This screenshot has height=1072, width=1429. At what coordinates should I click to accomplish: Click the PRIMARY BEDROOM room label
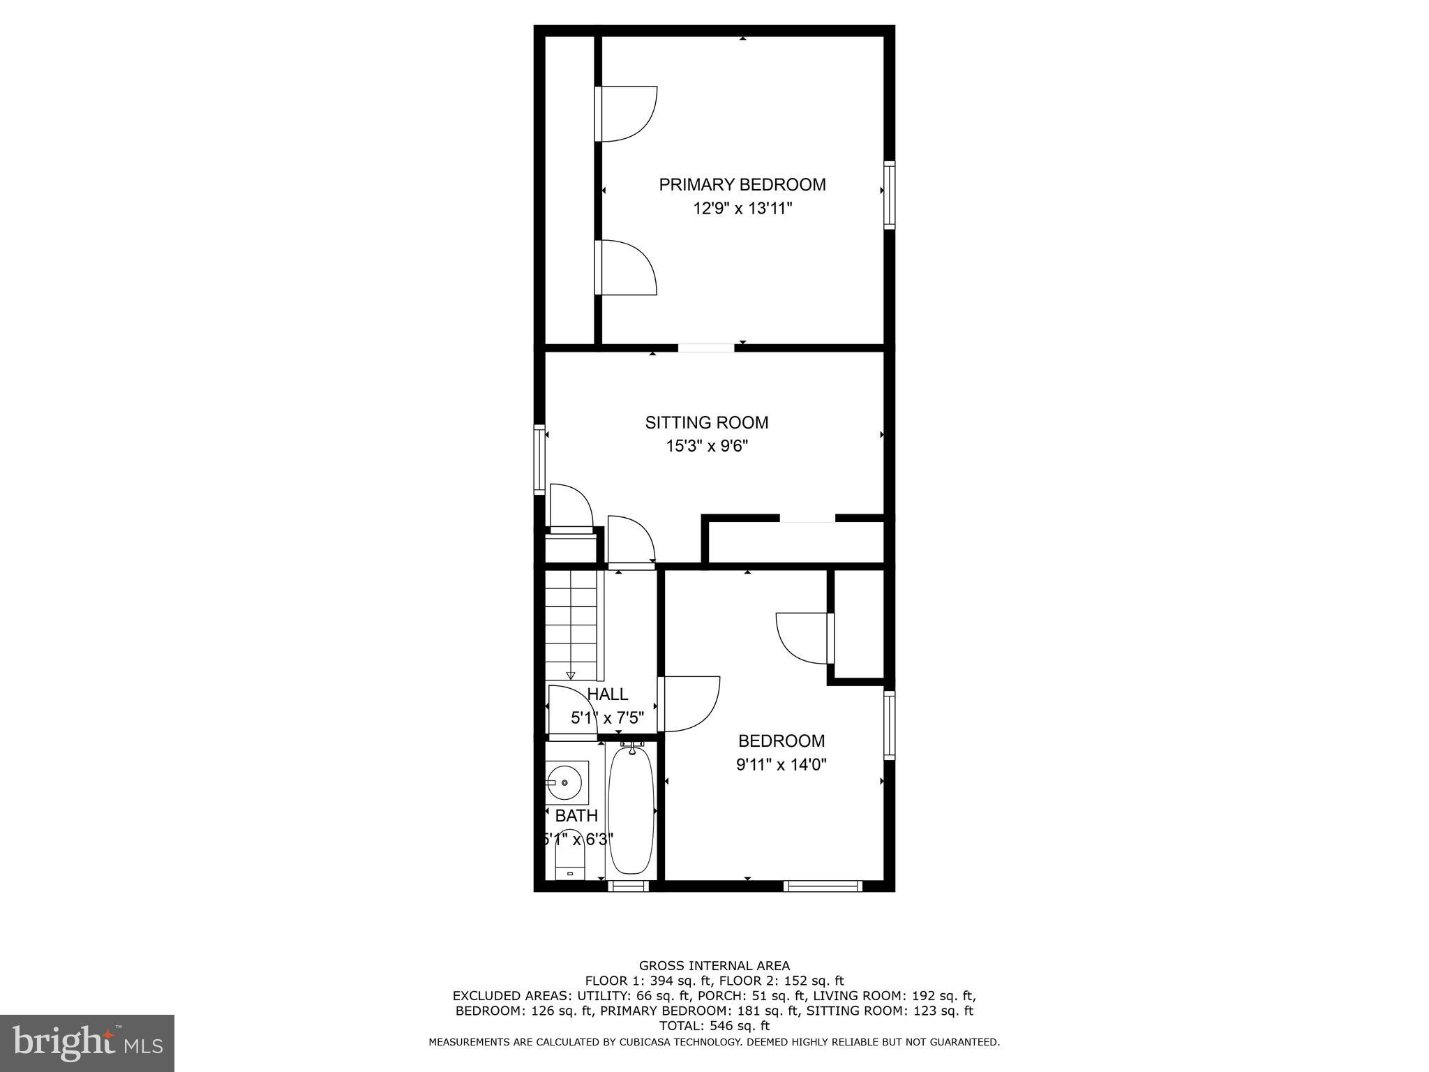(x=742, y=185)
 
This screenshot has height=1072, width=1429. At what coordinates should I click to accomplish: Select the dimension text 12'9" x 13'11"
(x=742, y=209)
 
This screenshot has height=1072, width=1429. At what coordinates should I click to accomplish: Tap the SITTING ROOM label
(x=707, y=423)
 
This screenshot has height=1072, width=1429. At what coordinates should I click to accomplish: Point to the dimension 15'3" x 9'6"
(x=707, y=446)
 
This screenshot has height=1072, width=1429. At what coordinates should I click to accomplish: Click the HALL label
(x=608, y=694)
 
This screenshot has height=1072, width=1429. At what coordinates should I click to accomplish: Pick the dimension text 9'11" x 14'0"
(x=781, y=765)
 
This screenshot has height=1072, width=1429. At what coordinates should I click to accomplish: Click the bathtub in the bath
(x=631, y=810)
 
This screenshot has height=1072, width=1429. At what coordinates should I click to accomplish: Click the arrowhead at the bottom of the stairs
(x=571, y=675)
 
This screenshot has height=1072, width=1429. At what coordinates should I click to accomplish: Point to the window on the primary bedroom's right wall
(x=890, y=195)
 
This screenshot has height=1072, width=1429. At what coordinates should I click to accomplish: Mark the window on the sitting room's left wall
(x=539, y=459)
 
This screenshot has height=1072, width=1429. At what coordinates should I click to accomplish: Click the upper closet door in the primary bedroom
(x=626, y=114)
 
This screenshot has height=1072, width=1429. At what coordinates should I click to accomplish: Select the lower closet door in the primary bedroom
(x=626, y=267)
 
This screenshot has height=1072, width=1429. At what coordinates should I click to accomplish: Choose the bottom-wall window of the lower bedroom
(x=823, y=886)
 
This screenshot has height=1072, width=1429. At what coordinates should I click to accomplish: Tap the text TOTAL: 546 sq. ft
(x=714, y=1026)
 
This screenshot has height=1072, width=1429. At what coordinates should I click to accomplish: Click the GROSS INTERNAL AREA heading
(x=714, y=966)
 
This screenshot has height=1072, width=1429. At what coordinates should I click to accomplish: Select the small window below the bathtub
(x=628, y=886)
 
